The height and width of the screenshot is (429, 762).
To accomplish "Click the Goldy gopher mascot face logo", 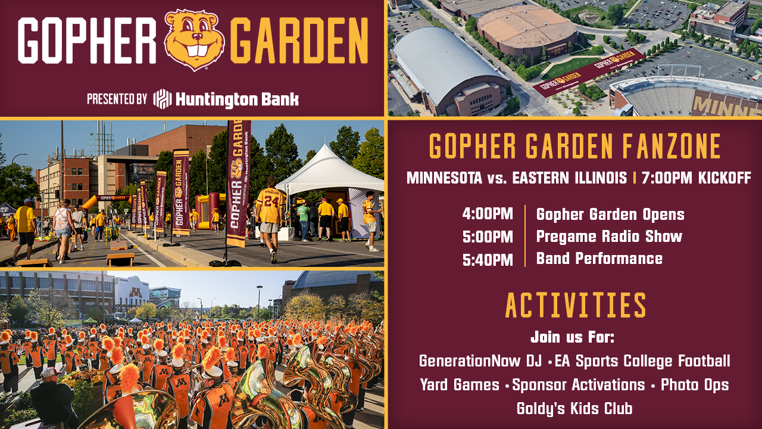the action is point(194,39).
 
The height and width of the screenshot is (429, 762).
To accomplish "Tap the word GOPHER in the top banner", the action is point(87,41).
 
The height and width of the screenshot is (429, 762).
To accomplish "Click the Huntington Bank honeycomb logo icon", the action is point(163,99).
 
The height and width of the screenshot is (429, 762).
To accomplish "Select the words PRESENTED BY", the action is point(117,99).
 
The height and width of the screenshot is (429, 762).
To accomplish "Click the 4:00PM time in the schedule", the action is point(488,214).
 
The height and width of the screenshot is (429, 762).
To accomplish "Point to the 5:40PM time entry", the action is point(488,260).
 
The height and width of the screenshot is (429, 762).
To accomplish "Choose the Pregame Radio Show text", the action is point(609,237).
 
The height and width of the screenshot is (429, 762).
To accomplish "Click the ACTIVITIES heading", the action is point(575,305).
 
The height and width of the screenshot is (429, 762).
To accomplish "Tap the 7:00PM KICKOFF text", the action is point(697,178).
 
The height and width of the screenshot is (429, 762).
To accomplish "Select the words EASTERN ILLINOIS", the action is point(570,178).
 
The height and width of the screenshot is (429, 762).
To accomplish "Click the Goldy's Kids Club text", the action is point(574,408).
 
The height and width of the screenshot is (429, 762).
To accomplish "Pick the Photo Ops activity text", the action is point(695,385).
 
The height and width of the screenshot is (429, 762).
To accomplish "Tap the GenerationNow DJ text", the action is point(480,361).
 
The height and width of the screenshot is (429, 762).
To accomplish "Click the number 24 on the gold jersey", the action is point(270,201).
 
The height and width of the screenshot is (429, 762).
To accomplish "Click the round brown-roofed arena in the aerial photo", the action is point(527,29).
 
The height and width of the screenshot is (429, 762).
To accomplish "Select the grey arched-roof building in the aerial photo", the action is point(448,70).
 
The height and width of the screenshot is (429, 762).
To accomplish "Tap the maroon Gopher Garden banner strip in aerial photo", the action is point(589,73).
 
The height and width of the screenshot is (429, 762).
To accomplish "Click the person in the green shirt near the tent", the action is point(303,220).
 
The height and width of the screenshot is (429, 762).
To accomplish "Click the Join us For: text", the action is point(573,337).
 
